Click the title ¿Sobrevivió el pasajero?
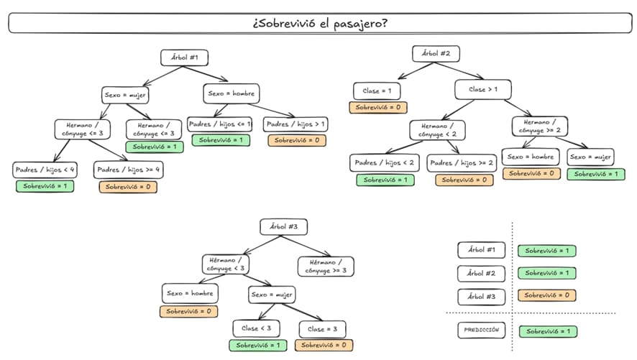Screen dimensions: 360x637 (320, 23)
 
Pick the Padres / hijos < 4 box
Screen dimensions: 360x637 (45, 170)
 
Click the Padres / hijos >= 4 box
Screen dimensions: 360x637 (128, 170)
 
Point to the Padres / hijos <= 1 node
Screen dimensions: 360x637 (219, 124)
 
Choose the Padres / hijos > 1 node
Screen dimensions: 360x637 (295, 124)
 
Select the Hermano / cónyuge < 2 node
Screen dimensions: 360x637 (437, 130)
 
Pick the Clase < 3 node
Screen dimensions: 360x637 (257, 328)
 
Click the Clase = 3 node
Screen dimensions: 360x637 (326, 328)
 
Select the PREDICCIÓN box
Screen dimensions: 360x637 (481, 331)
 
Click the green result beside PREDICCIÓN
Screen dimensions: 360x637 (547, 331)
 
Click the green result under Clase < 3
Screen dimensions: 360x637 (257, 345)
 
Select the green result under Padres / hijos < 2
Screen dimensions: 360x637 (385, 180)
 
